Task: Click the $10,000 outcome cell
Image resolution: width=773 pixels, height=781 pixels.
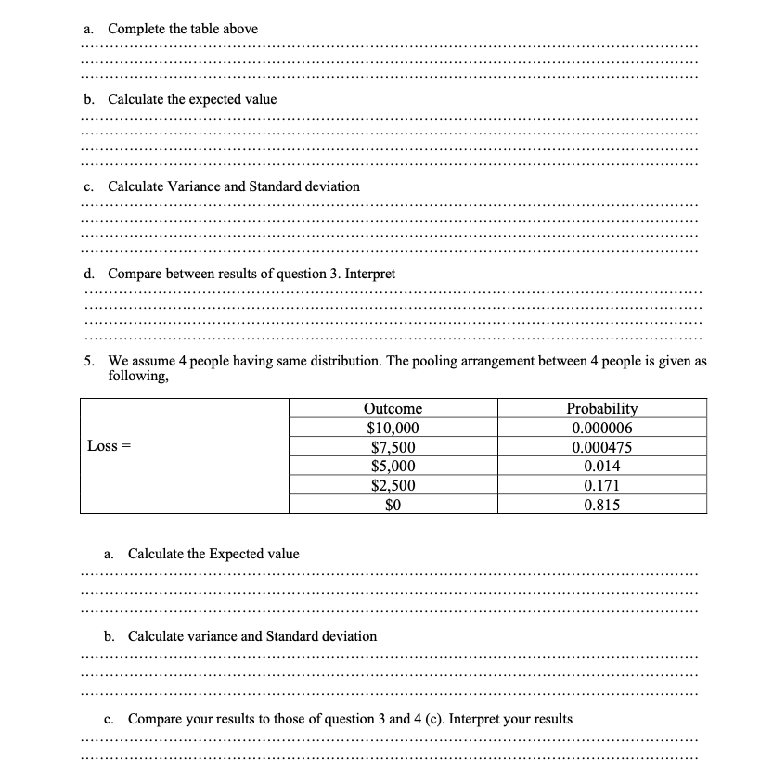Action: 393,428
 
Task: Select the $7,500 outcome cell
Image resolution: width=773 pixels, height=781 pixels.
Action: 393,447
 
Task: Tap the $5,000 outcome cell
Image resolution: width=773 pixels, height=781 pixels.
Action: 393,467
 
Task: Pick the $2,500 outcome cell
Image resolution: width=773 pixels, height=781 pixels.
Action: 393,485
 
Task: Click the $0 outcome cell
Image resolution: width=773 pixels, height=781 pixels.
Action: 393,505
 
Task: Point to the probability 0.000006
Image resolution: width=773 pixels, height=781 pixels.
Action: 601,428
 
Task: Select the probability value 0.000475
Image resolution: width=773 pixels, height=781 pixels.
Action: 601,447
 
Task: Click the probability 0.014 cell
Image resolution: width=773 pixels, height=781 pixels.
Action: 601,467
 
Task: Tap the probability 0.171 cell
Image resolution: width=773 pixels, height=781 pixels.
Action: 601,485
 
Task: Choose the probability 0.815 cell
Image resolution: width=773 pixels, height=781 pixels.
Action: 601,505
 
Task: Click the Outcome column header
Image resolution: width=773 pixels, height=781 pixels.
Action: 393,408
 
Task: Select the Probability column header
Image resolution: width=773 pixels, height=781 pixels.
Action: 601,408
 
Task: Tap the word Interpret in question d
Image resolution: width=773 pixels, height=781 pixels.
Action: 369,274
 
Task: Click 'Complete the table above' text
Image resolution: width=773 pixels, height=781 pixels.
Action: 183,29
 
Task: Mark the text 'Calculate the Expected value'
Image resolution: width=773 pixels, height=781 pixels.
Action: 213,554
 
